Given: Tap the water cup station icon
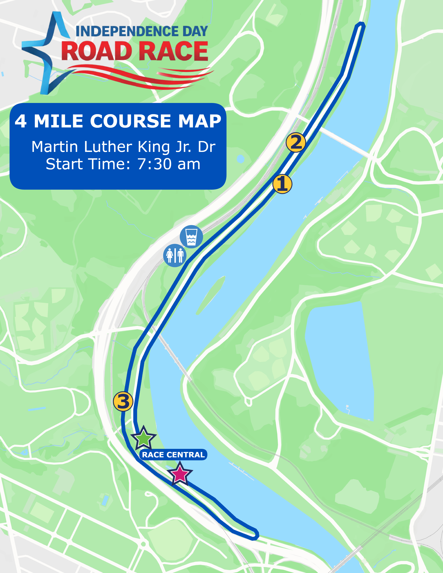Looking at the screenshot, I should click(191, 236).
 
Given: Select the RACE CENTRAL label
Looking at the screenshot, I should click(173, 455).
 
